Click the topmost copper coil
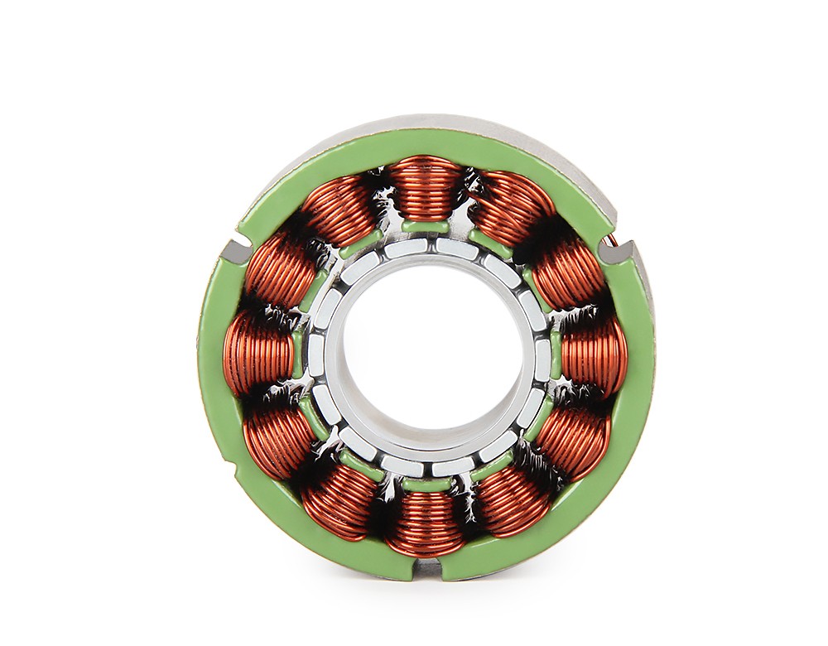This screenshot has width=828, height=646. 426,186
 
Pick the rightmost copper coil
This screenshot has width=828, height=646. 595,354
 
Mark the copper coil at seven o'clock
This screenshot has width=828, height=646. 339,501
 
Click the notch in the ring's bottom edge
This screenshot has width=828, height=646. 427,568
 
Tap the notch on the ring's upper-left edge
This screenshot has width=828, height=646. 236,246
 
